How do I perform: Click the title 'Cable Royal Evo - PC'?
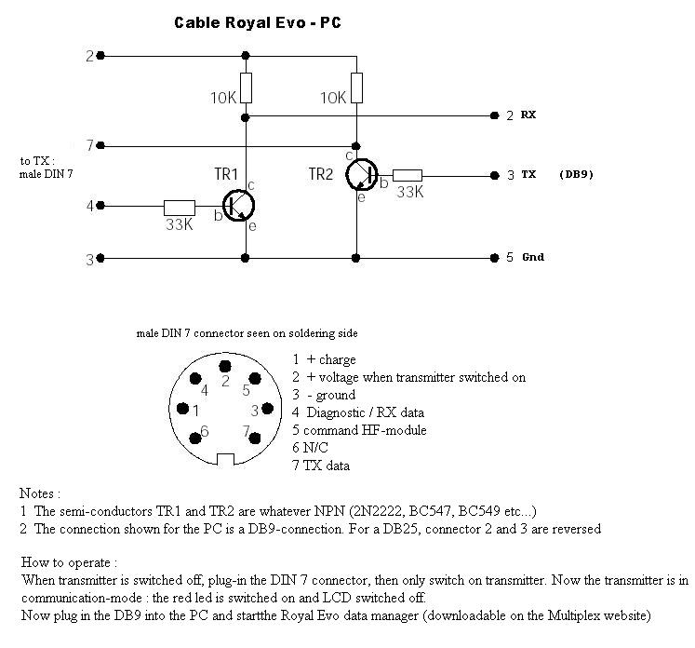click(258, 21)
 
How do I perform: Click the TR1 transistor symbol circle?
click(240, 206)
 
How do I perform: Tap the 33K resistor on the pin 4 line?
click(179, 206)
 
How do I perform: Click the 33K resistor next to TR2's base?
click(407, 174)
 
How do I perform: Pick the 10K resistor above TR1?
click(246, 88)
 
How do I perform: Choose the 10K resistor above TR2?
click(356, 88)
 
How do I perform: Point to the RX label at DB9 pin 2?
click(528, 115)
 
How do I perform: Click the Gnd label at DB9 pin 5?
click(532, 258)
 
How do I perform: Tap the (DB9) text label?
click(577, 174)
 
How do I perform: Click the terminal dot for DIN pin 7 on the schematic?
click(100, 145)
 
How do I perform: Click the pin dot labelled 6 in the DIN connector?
click(195, 436)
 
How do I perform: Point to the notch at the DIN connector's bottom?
click(225, 458)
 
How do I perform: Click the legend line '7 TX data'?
click(321, 466)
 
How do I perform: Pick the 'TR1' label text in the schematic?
click(227, 174)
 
